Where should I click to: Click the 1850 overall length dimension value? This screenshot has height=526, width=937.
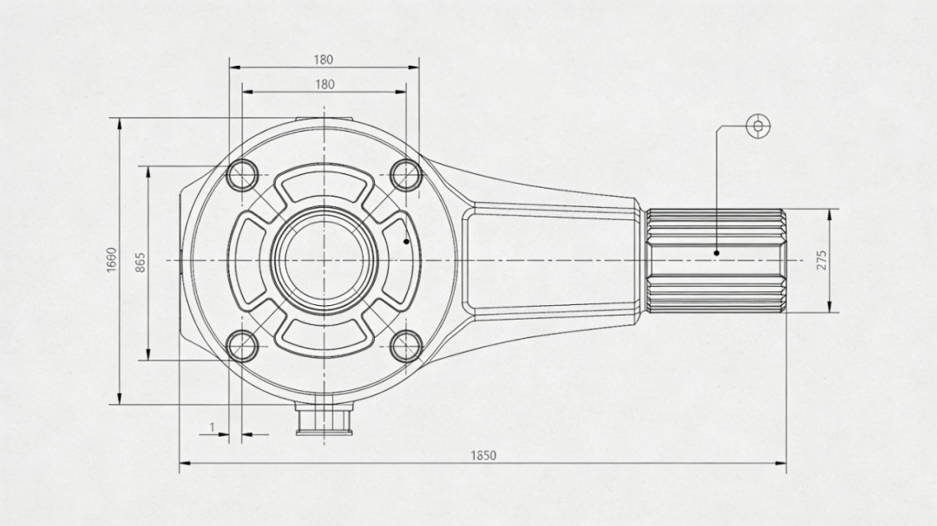[483, 456]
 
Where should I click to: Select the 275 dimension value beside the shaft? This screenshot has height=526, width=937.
[822, 260]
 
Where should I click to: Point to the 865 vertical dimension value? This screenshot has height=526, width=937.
[141, 263]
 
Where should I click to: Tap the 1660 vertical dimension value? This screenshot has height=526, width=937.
[112, 260]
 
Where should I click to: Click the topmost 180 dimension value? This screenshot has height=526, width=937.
[324, 60]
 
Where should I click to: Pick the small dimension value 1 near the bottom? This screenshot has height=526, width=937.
[212, 427]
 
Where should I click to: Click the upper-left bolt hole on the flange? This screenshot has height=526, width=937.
[243, 175]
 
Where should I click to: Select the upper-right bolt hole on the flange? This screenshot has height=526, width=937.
[406, 175]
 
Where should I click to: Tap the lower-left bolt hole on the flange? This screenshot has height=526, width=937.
[243, 347]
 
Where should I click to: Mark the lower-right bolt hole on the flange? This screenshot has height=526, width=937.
[406, 347]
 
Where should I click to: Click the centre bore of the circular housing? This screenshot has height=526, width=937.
[324, 260]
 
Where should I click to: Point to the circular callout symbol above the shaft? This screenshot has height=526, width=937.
[758, 126]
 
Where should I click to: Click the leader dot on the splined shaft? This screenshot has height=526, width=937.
[717, 252]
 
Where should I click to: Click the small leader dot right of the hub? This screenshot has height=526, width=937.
[406, 241]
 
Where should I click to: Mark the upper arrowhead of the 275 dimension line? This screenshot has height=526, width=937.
[829, 214]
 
